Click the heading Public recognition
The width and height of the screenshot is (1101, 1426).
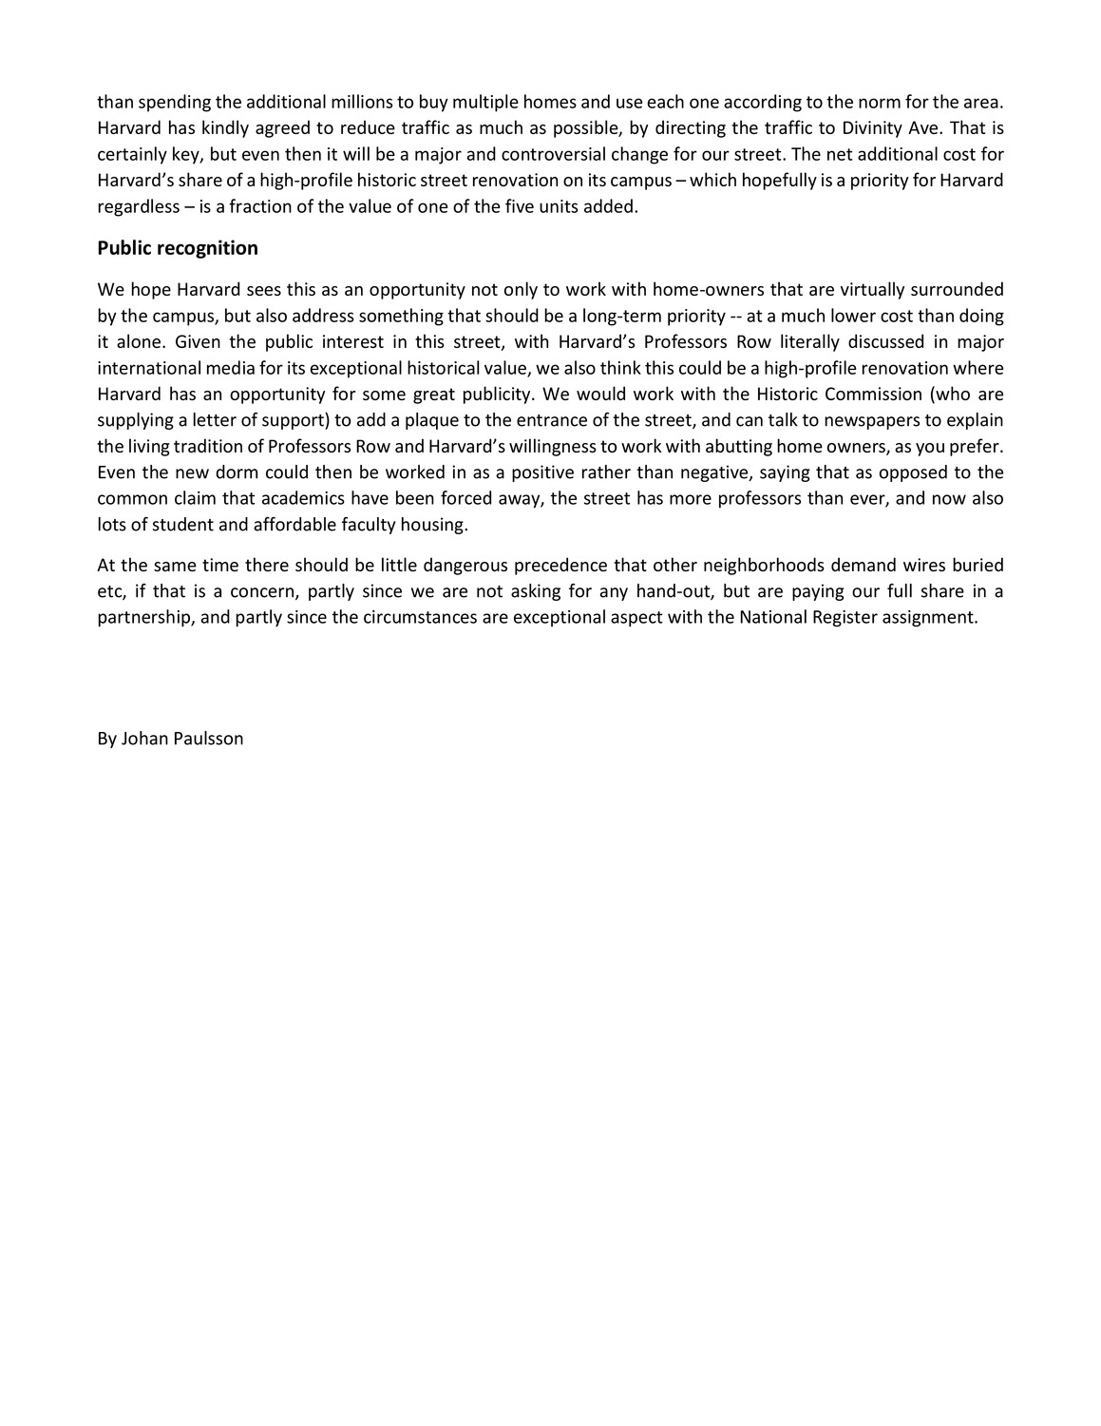tap(178, 248)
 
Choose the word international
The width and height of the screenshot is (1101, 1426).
tap(147, 368)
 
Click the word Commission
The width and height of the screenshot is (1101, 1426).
tap(843, 395)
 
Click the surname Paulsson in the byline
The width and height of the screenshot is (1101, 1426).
tap(207, 739)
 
